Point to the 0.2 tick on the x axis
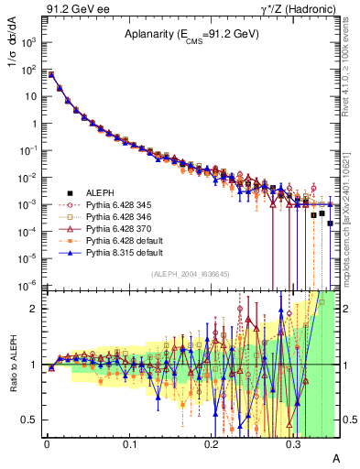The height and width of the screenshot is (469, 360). (x=212, y=443)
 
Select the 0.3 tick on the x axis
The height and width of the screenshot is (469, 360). (x=293, y=443)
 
